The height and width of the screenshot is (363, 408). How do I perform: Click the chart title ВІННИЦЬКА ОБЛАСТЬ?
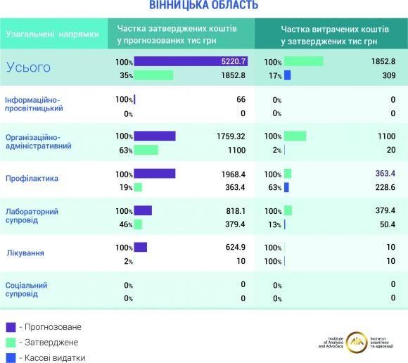pyautogui.click(x=203, y=6)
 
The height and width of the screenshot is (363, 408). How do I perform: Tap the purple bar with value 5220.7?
pyautogui.click(x=191, y=62)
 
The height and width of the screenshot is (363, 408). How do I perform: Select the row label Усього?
pyautogui.click(x=28, y=68)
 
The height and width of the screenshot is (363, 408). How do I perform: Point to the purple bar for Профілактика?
pyautogui.click(x=154, y=174)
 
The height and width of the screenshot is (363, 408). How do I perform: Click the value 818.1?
pyautogui.click(x=235, y=210)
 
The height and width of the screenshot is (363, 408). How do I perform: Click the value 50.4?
pyautogui.click(x=386, y=224)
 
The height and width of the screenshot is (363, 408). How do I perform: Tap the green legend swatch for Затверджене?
pyautogui.click(x=11, y=342)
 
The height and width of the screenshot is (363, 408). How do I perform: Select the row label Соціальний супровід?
pyautogui.click(x=26, y=289)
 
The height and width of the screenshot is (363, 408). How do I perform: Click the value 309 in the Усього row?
pyautogui.click(x=388, y=75)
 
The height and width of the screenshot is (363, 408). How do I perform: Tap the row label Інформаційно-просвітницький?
pyautogui.click(x=34, y=104)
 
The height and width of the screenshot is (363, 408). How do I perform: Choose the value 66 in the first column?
pyautogui.click(x=241, y=100)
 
